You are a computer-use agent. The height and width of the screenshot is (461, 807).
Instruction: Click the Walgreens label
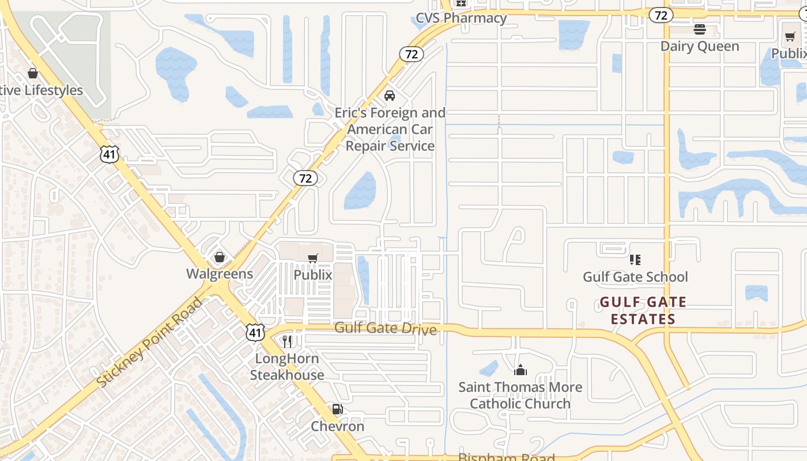tap(220, 274)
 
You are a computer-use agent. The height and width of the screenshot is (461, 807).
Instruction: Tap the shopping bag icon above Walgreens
tap(220, 257)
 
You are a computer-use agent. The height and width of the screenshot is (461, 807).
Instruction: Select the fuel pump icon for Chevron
tap(337, 410)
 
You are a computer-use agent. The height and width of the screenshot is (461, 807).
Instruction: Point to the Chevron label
tap(338, 426)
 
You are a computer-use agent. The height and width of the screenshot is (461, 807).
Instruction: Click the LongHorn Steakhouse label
tap(287, 367)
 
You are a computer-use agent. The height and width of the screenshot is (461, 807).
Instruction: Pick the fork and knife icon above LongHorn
tap(287, 342)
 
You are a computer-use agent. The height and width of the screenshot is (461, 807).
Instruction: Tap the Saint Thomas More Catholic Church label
tap(520, 395)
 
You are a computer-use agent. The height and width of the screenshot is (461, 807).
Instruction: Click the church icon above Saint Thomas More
tap(520, 370)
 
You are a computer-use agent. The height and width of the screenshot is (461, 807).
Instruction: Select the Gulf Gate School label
tap(635, 277)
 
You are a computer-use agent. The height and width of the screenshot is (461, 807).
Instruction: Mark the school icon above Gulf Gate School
tap(635, 260)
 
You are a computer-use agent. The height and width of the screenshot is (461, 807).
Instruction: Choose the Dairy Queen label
tap(700, 46)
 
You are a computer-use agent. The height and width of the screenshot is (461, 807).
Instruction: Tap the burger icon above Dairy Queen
tap(700, 29)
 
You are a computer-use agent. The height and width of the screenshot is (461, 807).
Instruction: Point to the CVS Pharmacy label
tap(461, 18)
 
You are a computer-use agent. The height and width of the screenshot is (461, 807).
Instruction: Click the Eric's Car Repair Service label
tap(390, 129)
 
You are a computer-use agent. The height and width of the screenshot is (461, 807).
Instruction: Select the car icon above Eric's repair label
tap(390, 96)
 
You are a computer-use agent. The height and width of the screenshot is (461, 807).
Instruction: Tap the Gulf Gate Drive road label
tap(386, 328)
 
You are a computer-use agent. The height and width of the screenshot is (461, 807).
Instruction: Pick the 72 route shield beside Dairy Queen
tap(661, 15)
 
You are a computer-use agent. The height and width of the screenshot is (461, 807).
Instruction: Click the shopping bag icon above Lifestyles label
tap(33, 73)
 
